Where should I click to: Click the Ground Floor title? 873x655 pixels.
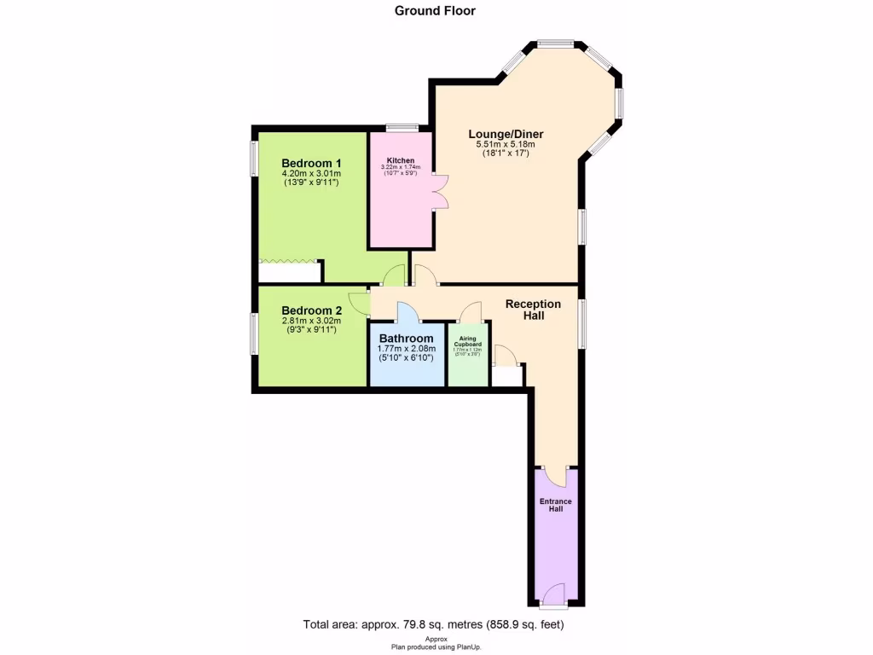click(x=435, y=11)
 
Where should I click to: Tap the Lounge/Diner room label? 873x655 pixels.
click(x=506, y=134)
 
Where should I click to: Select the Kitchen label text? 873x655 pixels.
click(x=401, y=160)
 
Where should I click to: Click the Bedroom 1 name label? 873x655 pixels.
click(x=311, y=163)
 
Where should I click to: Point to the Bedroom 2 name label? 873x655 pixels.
click(x=311, y=310)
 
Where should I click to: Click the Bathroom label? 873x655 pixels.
click(x=407, y=338)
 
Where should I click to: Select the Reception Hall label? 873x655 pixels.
click(x=533, y=310)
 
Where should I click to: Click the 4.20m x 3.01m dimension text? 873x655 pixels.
click(x=311, y=174)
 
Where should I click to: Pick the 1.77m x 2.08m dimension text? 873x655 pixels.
click(x=407, y=348)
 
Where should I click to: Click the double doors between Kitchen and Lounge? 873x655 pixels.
click(x=440, y=191)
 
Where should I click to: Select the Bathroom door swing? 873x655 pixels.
click(x=407, y=313)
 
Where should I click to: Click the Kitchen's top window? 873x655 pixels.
click(x=401, y=129)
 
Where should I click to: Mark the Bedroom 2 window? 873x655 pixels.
click(x=253, y=333)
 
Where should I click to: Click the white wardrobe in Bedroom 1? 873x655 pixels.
click(x=290, y=273)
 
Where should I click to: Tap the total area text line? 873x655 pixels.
click(x=434, y=624)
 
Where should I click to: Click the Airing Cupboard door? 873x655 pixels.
click(x=471, y=312)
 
